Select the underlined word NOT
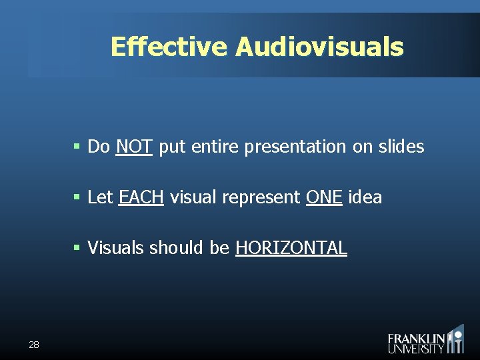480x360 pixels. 135,147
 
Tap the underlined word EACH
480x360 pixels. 141,197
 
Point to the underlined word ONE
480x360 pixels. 324,197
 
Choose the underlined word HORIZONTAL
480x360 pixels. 291,248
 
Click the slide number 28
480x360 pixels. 34,345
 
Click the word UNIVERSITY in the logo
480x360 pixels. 416,348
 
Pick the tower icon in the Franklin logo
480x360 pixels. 456,339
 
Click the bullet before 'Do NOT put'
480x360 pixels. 77,147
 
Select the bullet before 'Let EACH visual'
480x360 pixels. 77,197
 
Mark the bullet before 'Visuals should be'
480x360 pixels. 77,248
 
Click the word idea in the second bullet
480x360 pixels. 365,197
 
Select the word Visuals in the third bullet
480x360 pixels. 115,248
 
